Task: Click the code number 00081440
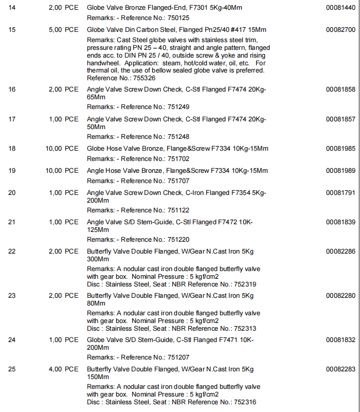340,8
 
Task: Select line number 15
12,30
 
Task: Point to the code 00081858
340,89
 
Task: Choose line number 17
12,119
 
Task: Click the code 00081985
340,149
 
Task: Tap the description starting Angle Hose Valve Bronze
177,171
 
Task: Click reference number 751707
178,181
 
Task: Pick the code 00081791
340,193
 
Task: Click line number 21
12,222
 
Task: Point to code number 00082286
340,252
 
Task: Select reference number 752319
244,284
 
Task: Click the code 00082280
340,296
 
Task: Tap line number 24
12,340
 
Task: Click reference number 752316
244,402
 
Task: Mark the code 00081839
340,222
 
